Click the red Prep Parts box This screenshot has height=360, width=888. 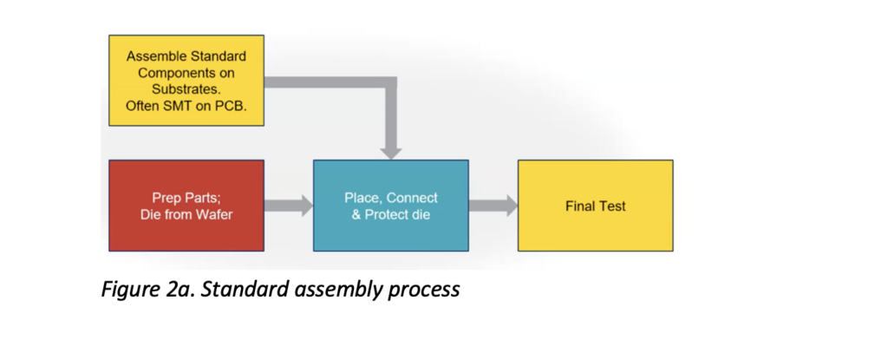[186, 205]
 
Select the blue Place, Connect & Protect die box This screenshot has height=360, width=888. [390, 205]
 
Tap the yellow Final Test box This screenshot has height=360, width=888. [595, 206]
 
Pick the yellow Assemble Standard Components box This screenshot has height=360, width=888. [186, 80]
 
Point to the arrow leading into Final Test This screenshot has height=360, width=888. [493, 206]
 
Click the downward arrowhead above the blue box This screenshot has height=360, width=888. [392, 149]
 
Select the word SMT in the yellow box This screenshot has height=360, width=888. [180, 106]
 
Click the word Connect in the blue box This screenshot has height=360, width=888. [413, 198]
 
